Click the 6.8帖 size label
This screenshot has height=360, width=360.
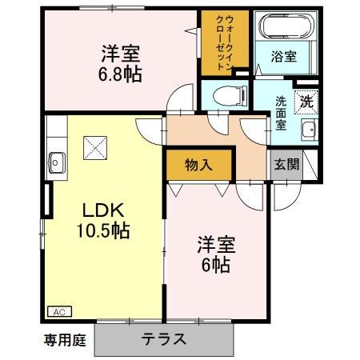tap(122, 76)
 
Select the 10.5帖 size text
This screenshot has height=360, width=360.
tap(104, 233)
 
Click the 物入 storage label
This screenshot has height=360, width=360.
tap(198, 166)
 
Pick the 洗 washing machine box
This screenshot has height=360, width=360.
tap(307, 101)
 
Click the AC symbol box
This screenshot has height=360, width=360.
tap(59, 311)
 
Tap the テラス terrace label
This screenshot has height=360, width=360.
tap(165, 338)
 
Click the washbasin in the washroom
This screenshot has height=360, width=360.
tap(308, 132)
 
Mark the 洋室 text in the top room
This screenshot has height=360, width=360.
tap(122, 54)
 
